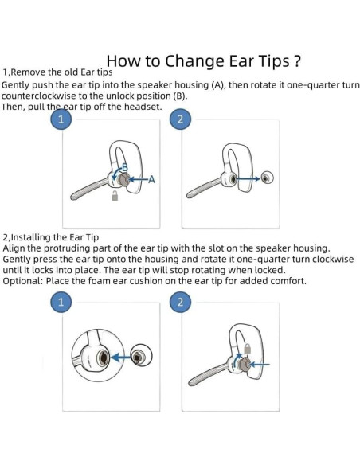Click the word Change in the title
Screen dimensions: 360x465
194,61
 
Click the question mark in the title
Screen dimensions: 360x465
297,61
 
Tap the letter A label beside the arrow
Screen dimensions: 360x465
152,179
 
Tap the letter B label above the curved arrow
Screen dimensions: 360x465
125,167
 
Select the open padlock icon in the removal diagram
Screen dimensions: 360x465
115,196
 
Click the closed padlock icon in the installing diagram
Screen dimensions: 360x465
247,348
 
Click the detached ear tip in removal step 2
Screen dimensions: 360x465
267,178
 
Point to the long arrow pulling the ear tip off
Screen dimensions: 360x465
248,178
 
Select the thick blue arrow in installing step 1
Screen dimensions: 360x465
122,358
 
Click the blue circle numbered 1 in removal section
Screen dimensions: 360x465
61,119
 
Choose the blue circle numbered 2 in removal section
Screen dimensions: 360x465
180,119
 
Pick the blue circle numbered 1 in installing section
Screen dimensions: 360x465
61,303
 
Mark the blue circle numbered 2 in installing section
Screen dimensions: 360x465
180,303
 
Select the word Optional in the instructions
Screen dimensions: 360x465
23,281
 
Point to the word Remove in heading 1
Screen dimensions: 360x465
28,72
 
